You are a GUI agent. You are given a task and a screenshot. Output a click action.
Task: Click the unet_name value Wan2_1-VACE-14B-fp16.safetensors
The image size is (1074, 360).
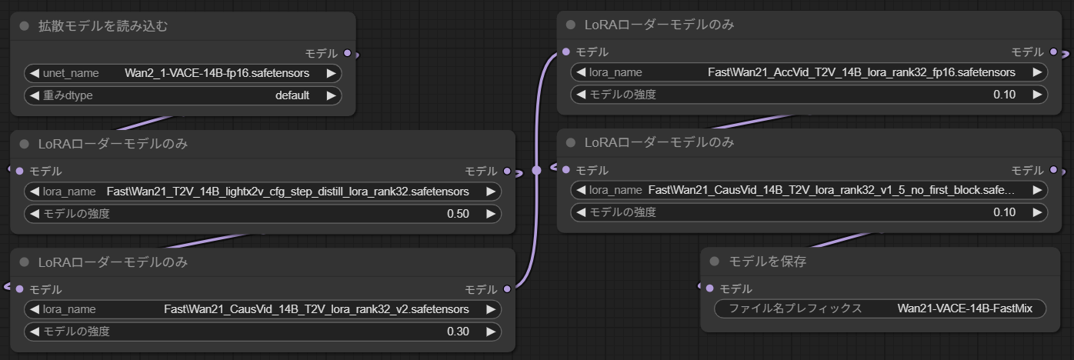217,74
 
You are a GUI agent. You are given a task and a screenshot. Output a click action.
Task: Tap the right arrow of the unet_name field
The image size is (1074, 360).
331,74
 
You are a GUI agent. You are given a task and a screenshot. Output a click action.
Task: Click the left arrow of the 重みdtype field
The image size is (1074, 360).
34,96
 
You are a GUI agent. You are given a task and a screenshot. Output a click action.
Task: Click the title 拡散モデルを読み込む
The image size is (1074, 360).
103,26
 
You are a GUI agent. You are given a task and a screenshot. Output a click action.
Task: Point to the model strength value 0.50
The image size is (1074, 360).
458,214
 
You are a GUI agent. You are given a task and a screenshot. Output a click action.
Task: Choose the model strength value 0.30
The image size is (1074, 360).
458,332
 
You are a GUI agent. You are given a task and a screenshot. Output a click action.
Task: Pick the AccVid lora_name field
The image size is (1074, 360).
809,72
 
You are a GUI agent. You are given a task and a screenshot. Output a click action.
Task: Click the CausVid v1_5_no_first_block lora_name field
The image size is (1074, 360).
809,190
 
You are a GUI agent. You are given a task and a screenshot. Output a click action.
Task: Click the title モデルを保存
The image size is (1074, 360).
767,262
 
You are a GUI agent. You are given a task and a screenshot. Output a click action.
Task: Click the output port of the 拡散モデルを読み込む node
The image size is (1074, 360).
348,53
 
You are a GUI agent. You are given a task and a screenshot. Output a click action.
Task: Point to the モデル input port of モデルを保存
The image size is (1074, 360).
709,288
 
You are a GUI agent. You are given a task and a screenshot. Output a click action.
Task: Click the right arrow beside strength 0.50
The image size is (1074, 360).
490,214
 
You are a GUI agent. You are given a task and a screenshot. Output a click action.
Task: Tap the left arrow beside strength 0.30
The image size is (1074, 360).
34,332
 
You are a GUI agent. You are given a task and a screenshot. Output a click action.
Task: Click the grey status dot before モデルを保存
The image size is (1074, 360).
714,262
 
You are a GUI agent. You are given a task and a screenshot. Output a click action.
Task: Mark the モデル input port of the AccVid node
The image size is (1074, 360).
566,52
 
